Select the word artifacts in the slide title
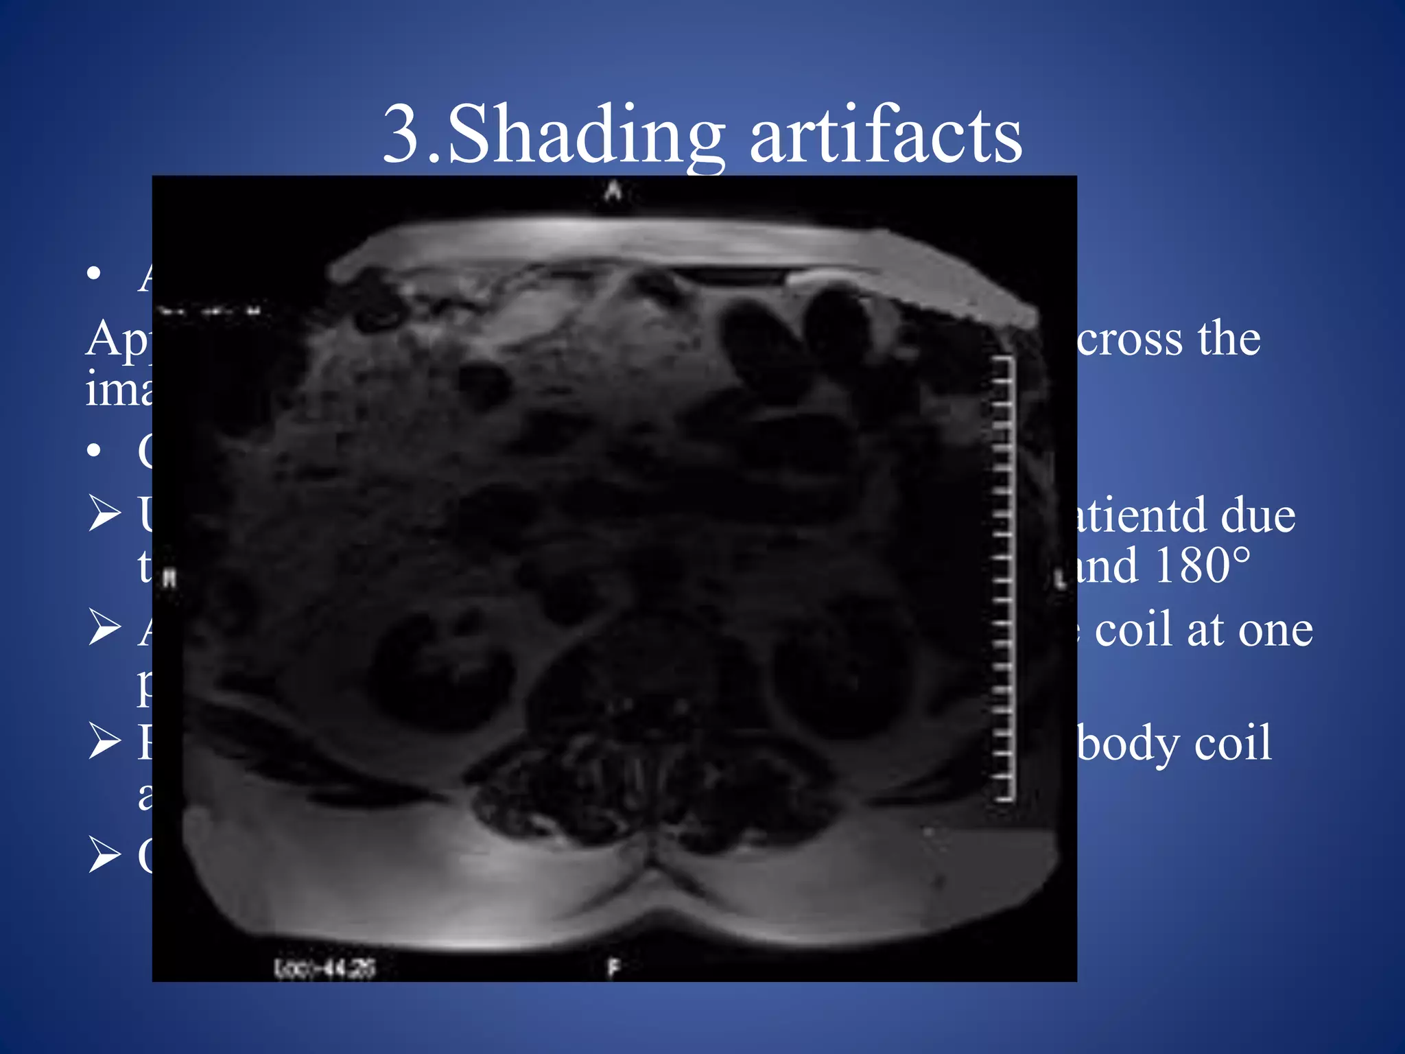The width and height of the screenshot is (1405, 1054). tap(886, 137)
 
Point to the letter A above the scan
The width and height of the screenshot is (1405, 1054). tap(613, 191)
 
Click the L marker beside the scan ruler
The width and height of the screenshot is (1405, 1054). tap(1061, 581)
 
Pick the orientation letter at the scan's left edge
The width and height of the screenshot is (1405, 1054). tap(170, 579)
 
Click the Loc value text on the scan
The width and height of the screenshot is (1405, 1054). tap(324, 968)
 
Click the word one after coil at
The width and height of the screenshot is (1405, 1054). tap(1276, 631)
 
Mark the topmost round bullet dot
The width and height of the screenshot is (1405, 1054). tap(95, 274)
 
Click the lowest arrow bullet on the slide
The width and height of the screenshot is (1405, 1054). tap(105, 856)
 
